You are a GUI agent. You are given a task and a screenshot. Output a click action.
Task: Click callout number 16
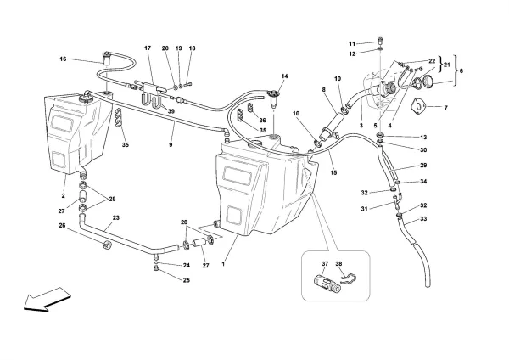click(x=63, y=59)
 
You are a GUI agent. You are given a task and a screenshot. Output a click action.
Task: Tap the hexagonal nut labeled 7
click(x=417, y=108)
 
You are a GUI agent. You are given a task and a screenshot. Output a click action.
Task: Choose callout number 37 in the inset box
click(x=323, y=264)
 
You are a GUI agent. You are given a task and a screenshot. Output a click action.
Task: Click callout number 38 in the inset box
click(x=340, y=264)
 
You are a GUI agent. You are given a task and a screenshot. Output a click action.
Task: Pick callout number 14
click(x=285, y=77)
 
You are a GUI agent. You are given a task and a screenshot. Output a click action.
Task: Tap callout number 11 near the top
click(x=350, y=42)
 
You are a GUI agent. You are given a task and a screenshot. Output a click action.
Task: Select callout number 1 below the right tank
click(x=223, y=263)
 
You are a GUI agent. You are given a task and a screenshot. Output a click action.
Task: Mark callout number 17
click(x=147, y=48)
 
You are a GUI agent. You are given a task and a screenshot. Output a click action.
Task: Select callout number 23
click(x=115, y=218)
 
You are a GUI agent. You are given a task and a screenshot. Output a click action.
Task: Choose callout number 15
click(x=333, y=173)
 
